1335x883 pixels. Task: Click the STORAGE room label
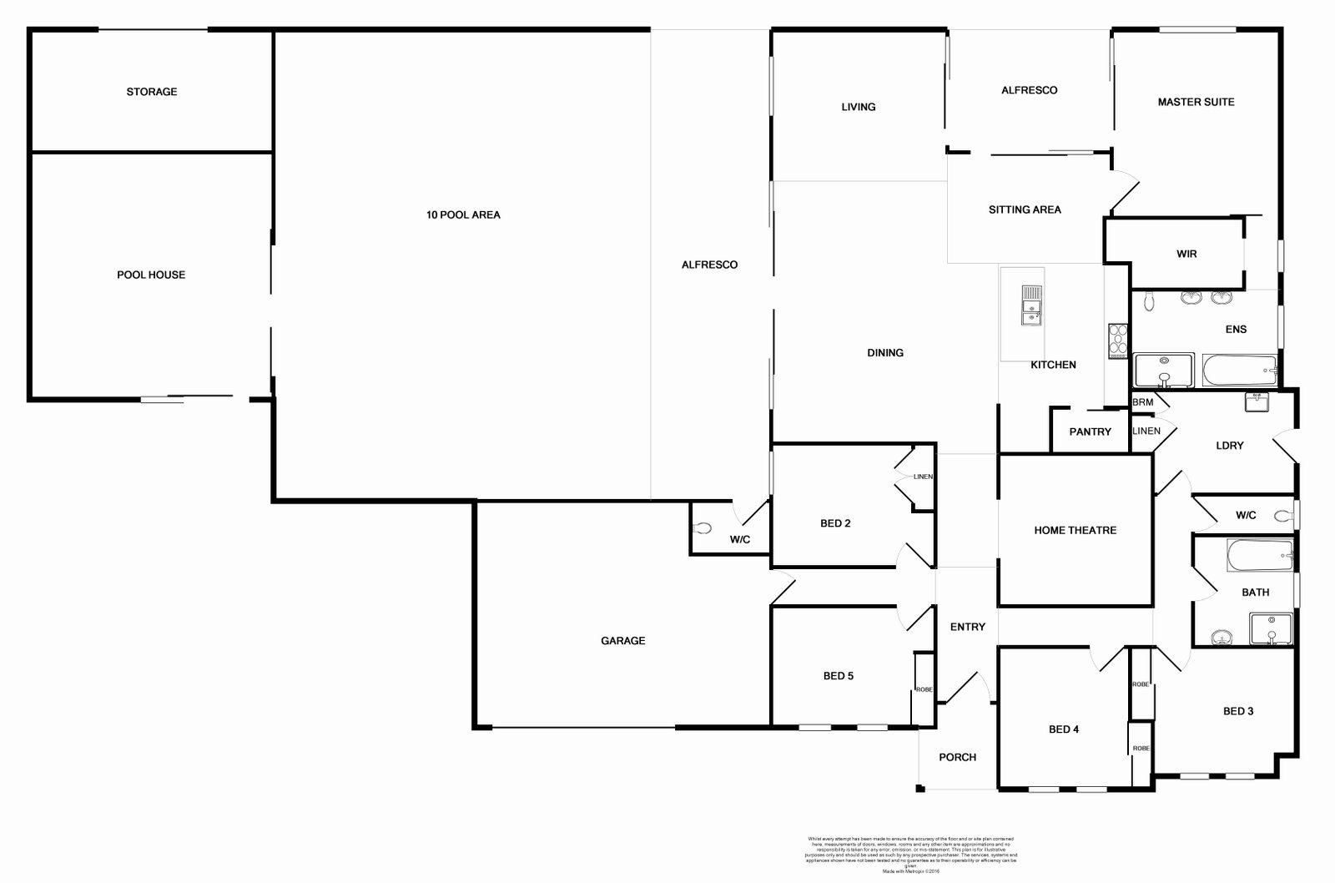[152, 92]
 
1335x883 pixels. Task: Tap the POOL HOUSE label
[151, 275]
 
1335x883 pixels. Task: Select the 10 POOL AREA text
[463, 214]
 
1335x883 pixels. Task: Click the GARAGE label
[622, 641]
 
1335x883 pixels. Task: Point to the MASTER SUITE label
[1196, 102]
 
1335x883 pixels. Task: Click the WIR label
[1186, 254]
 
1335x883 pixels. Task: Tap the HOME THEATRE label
[1075, 530]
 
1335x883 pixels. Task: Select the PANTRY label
[1090, 431]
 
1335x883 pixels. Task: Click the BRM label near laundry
[1142, 402]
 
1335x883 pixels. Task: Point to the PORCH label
[957, 757]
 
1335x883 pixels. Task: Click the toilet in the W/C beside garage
[702, 527]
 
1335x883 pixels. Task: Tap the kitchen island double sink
[1031, 304]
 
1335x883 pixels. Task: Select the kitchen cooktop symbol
[1117, 340]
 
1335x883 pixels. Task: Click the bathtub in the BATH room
[1260, 555]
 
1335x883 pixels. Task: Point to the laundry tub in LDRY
[1256, 401]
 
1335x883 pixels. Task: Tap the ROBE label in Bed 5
[924, 689]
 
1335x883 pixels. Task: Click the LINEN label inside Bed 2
[923, 477]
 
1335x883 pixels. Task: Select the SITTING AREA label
[1025, 209]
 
